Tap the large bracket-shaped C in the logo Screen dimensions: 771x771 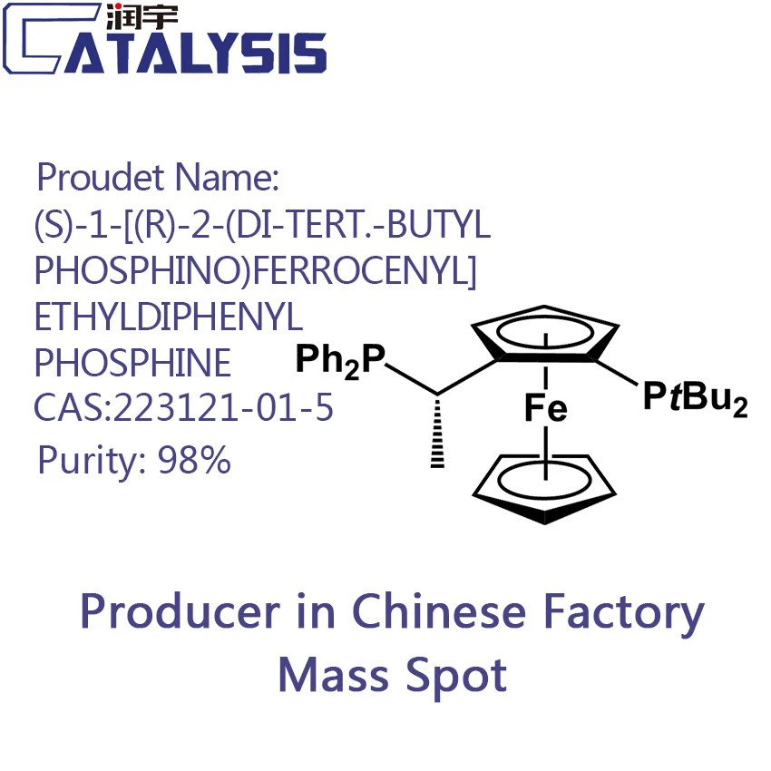(36, 40)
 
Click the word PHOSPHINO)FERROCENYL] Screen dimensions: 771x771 (255, 270)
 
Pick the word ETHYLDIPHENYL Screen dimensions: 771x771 (169, 317)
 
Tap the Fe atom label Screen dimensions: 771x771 (545, 410)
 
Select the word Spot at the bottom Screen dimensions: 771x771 (454, 677)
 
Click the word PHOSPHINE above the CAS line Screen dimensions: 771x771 (132, 364)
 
